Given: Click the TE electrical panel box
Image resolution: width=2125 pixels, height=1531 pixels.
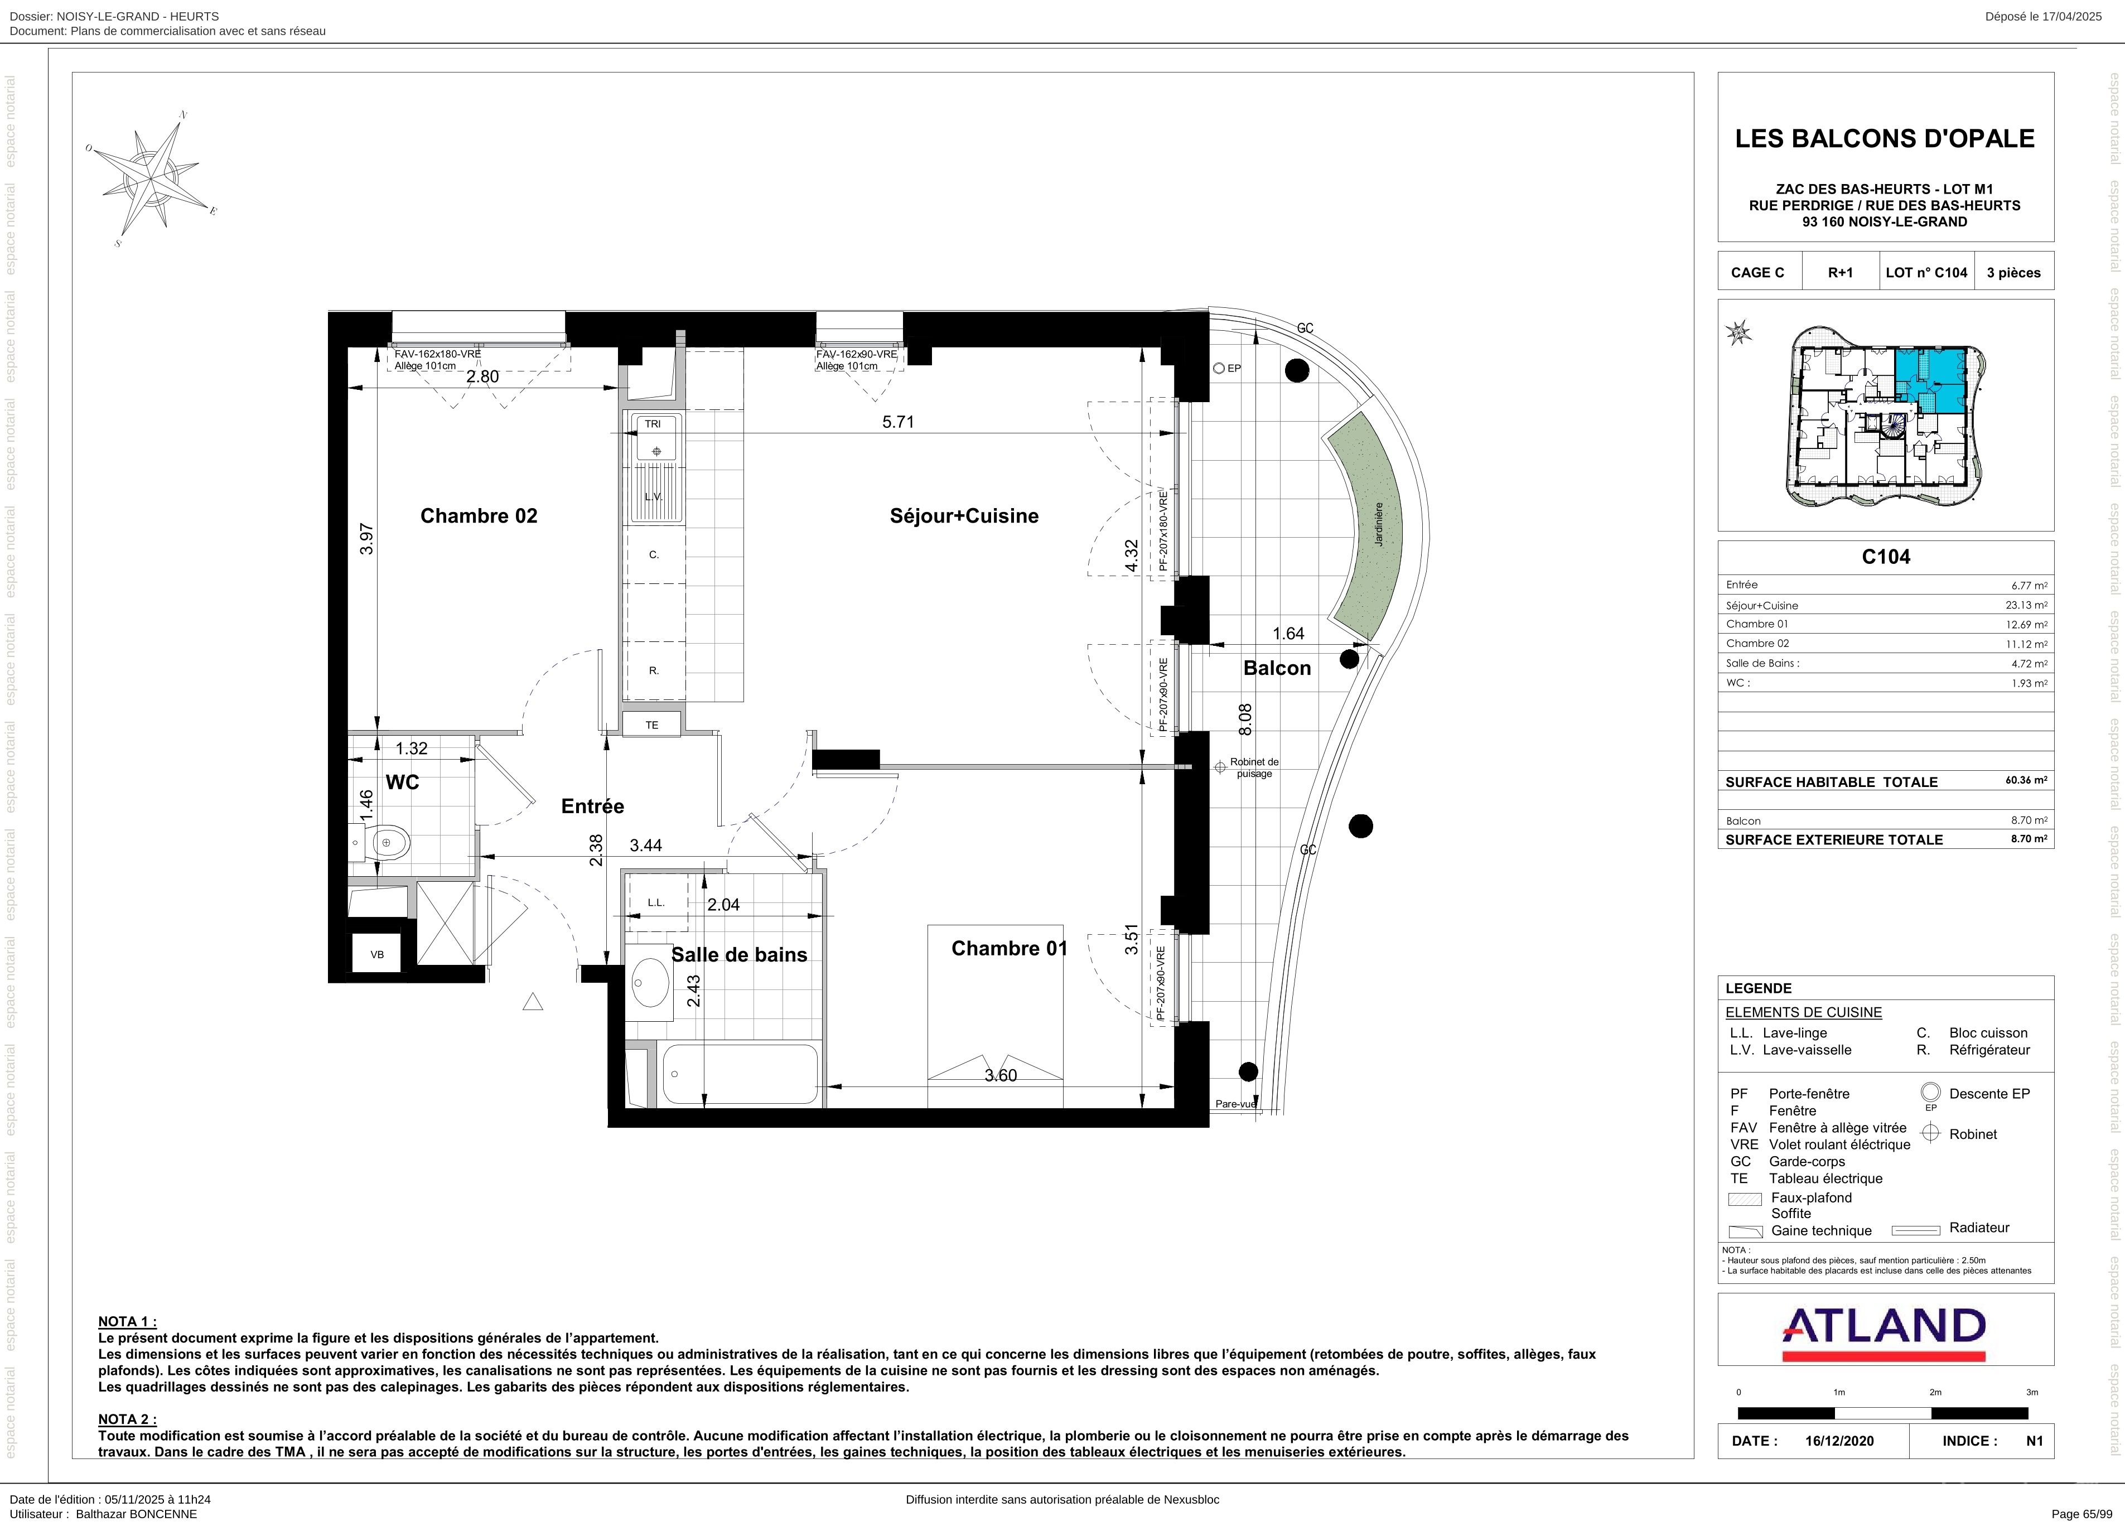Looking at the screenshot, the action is (x=652, y=725).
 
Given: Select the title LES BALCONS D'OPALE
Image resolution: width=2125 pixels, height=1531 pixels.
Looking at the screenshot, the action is (x=1885, y=139).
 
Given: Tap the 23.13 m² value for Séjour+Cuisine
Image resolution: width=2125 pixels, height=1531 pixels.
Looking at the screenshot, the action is (x=2027, y=605).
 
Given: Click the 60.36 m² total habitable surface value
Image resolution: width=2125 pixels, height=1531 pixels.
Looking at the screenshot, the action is (x=2027, y=780).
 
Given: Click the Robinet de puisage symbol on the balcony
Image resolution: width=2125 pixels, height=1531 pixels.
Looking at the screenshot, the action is (x=1220, y=767).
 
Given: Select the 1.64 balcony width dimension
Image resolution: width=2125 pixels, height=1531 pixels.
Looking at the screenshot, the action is (x=1288, y=634).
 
